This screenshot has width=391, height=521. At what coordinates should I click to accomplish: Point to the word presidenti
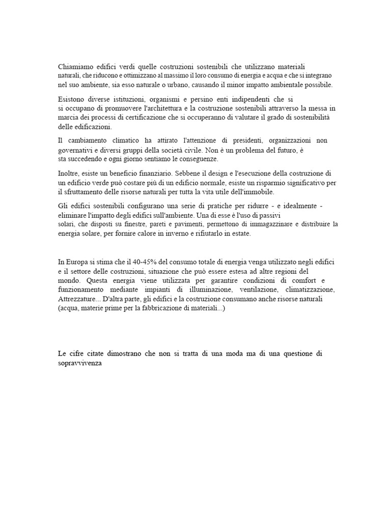pos(247,140)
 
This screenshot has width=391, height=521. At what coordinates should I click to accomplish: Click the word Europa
pos(77,262)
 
